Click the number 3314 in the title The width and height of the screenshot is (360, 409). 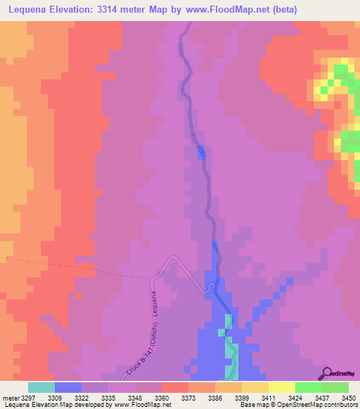(124, 10)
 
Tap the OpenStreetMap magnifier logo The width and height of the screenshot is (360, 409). (326, 373)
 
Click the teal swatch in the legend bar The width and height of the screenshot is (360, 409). (41, 387)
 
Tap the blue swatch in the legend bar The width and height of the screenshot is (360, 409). (68, 387)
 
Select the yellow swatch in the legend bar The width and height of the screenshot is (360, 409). (282, 387)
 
